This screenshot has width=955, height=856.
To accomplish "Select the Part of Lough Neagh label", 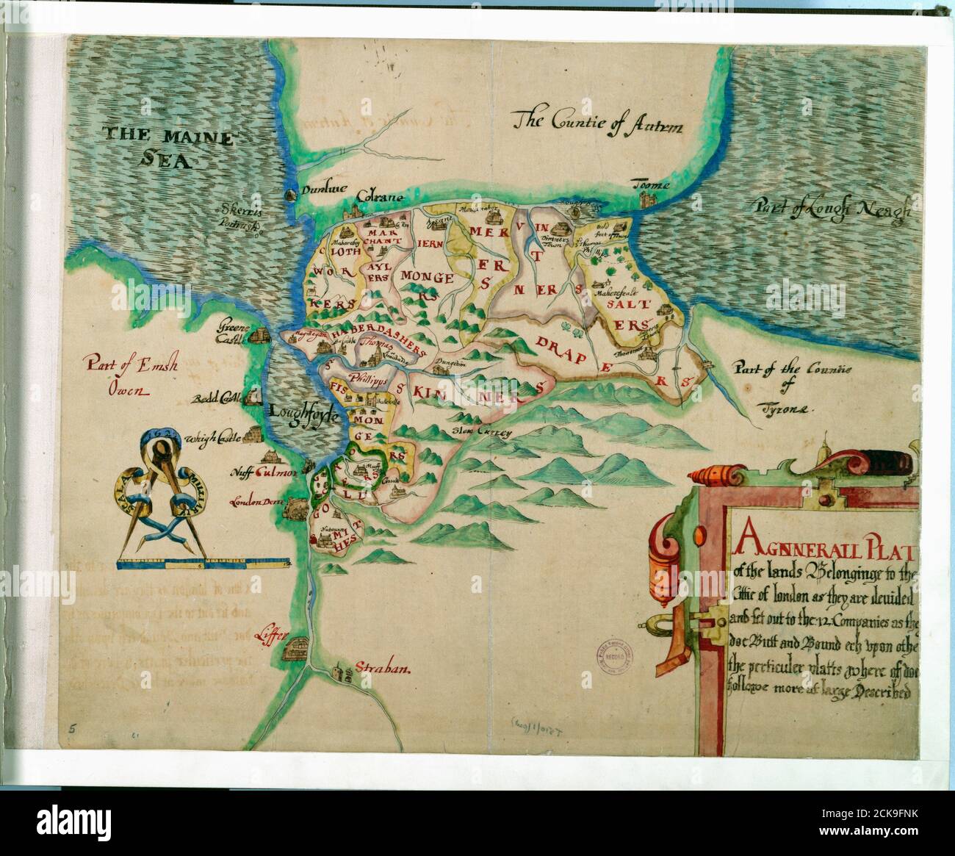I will pos(830,209).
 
